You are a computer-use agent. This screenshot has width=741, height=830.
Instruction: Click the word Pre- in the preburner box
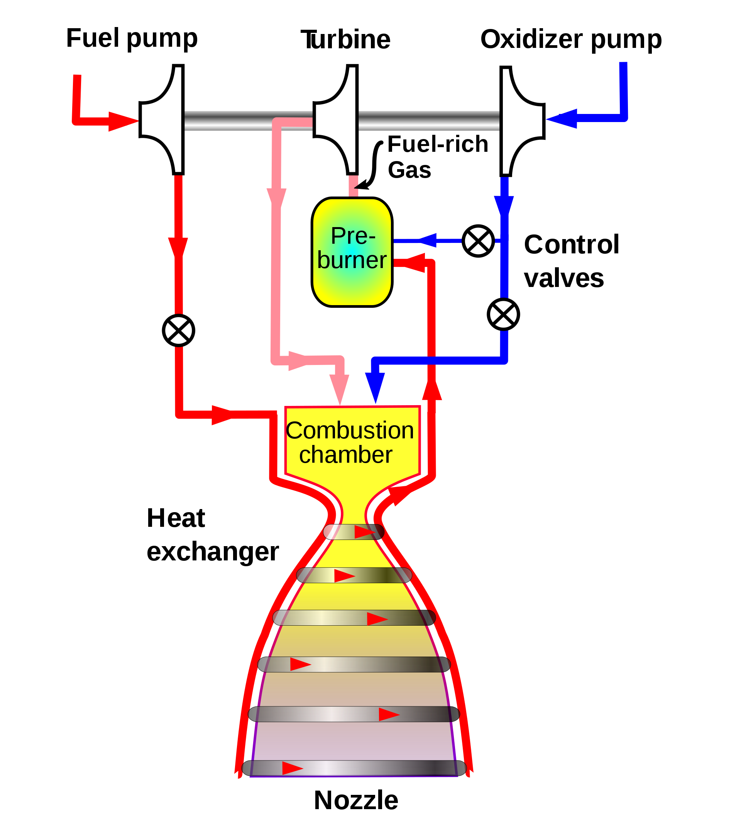[x=353, y=236]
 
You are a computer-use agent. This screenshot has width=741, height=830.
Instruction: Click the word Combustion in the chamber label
[x=350, y=430]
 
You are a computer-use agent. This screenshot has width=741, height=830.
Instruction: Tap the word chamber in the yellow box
[x=346, y=455]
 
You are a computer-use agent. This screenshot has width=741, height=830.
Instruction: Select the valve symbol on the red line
[x=178, y=331]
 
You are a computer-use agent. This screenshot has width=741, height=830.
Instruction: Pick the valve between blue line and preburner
[x=478, y=241]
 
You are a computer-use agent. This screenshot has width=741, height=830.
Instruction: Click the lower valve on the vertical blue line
[x=503, y=314]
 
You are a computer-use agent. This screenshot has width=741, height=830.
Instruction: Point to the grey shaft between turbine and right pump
[x=429, y=121]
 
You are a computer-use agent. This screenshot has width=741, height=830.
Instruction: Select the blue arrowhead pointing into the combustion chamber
[x=375, y=387]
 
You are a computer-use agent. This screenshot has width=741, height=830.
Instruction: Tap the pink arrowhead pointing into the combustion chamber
[x=339, y=388]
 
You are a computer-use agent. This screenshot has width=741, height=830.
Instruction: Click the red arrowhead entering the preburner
[x=411, y=263]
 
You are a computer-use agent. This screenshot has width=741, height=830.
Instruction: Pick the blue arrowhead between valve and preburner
[x=428, y=240]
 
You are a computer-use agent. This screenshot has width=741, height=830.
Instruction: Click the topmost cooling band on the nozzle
[x=354, y=532]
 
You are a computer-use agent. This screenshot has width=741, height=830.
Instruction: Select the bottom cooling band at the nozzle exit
[x=354, y=768]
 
